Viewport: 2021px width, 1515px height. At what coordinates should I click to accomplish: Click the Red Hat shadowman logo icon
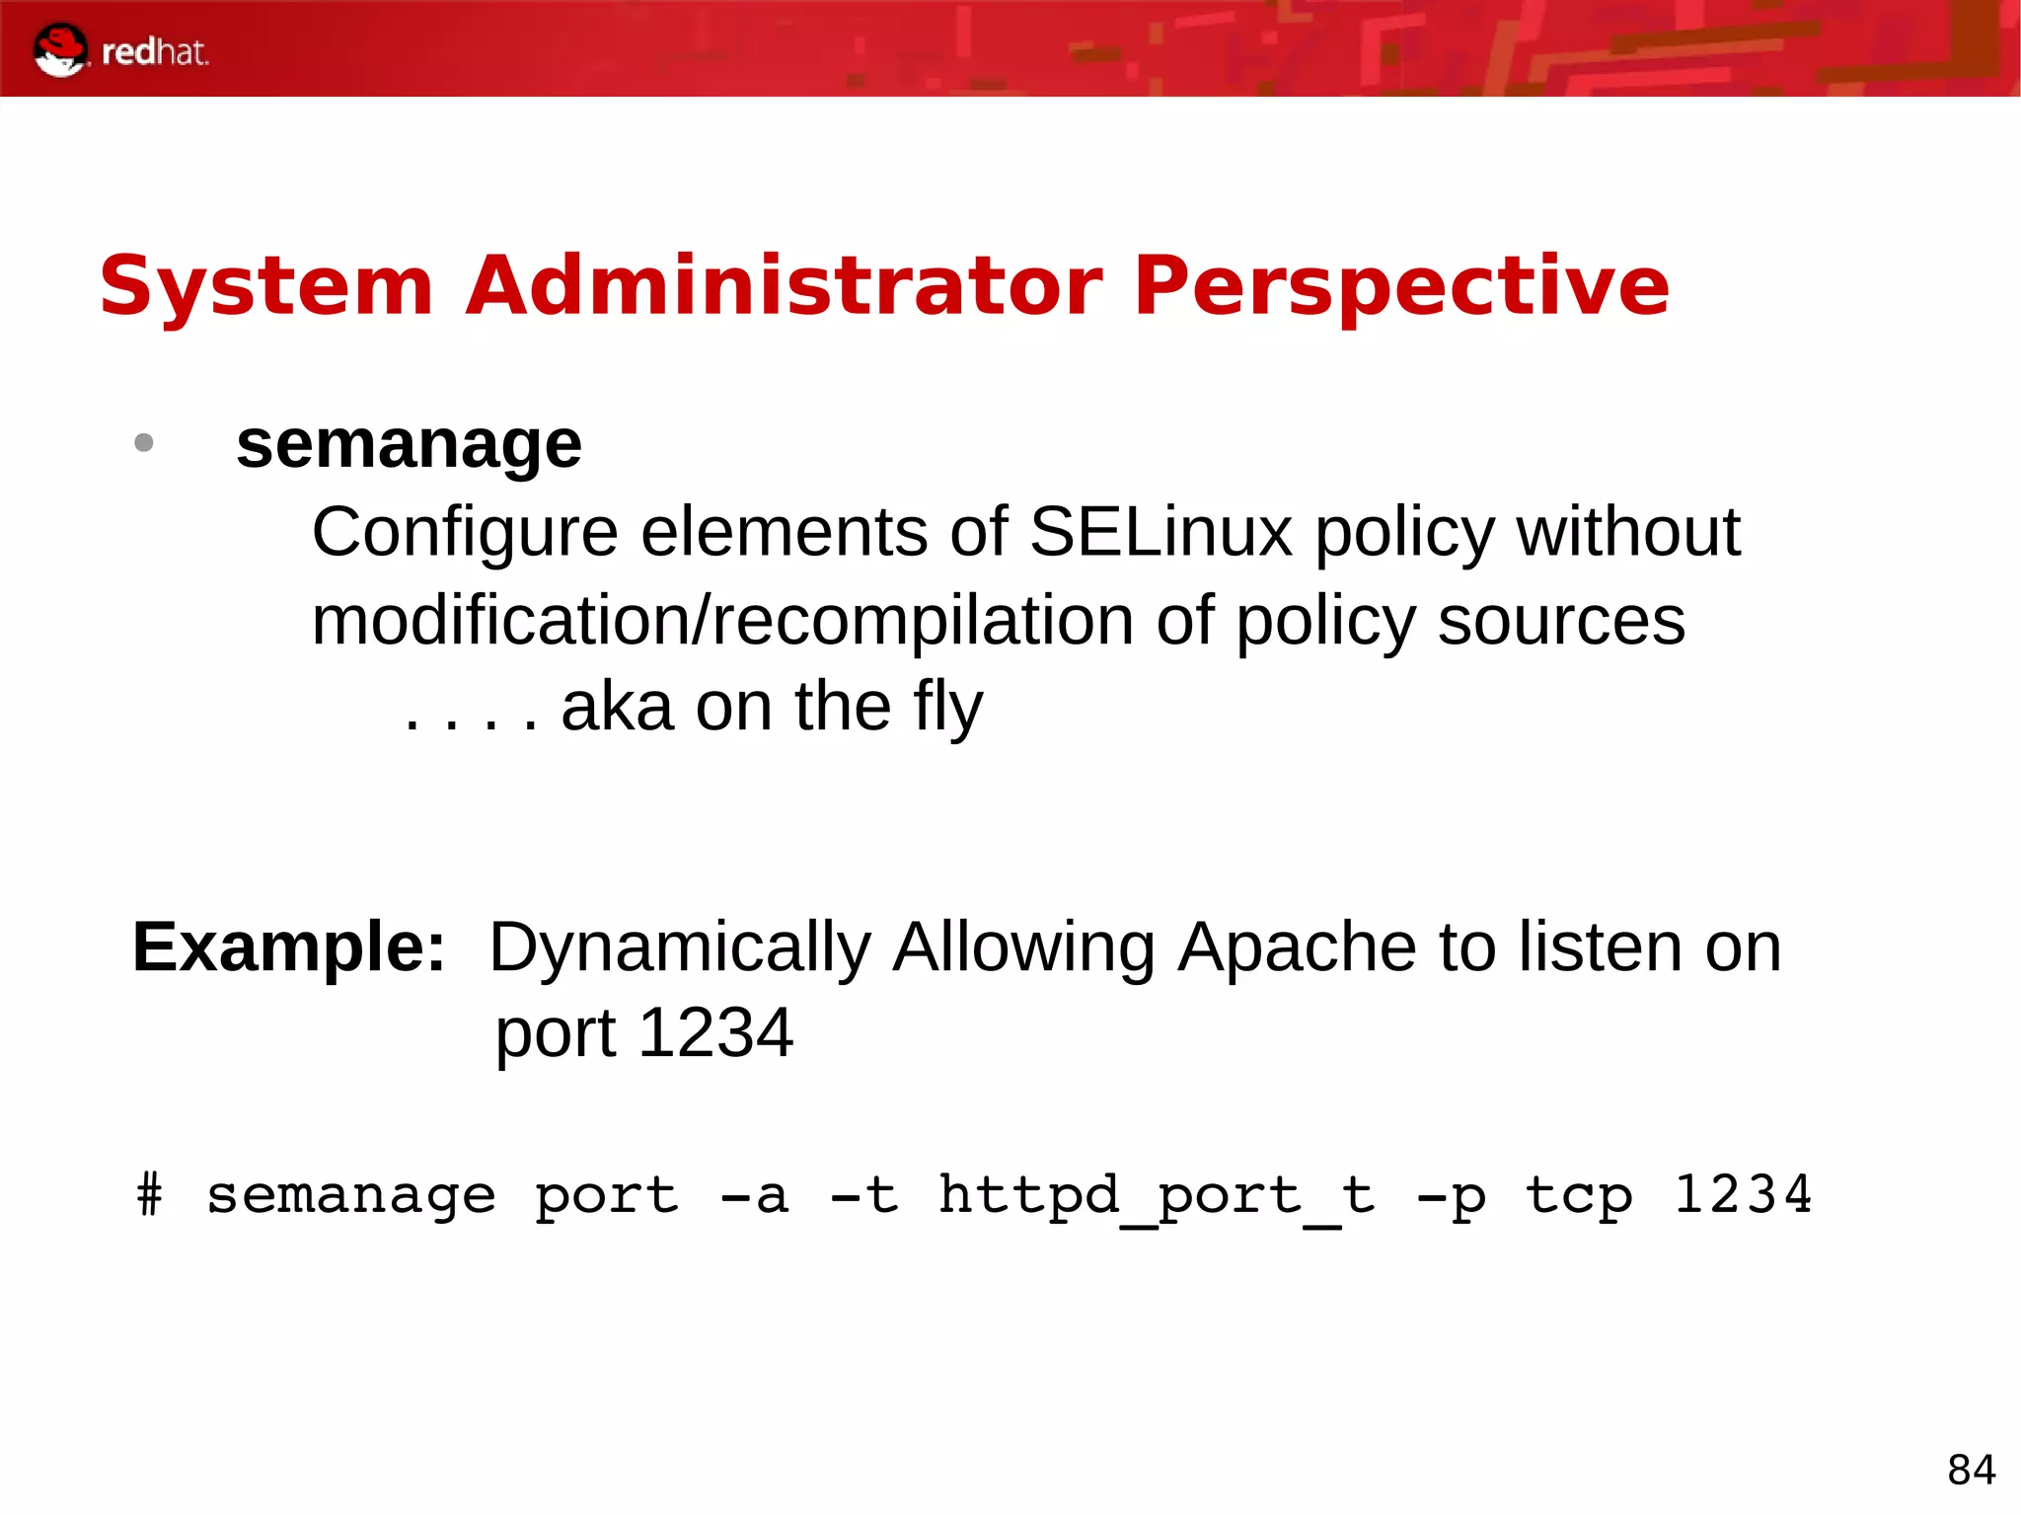point(60,49)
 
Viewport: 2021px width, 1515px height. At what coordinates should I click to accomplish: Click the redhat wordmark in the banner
point(155,52)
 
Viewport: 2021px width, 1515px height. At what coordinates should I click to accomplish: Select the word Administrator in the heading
point(784,286)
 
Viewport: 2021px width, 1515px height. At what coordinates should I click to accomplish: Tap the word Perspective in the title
point(1401,286)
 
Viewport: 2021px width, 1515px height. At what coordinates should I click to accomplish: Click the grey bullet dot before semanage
point(144,442)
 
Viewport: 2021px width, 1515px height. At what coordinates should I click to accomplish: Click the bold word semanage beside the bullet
point(409,445)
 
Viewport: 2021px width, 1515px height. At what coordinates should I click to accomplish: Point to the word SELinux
point(1160,533)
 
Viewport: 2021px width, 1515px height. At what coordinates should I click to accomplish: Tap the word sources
point(1561,621)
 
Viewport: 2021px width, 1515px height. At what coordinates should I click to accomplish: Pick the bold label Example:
point(289,947)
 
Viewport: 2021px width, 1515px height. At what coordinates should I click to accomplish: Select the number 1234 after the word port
point(715,1033)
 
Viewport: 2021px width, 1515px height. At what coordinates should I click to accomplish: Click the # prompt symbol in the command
point(149,1195)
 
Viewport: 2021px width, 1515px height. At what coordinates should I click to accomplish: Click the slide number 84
point(1971,1470)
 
